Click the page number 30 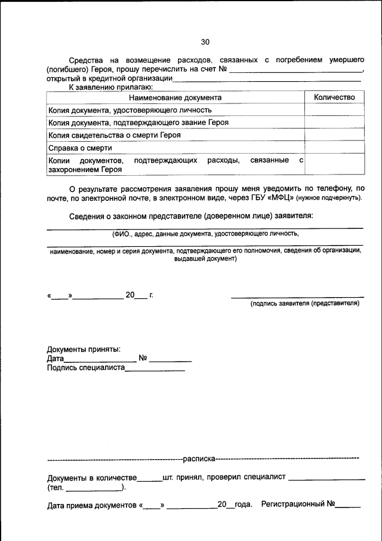pyautogui.click(x=205, y=42)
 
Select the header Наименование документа pyautogui.click(x=175, y=97)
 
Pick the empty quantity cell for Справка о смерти pyautogui.click(x=334, y=148)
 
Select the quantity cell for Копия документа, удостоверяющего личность pyautogui.click(x=334, y=110)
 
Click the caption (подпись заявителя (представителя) pyautogui.click(x=304, y=304)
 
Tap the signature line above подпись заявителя pyautogui.click(x=297, y=296)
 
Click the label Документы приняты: pyautogui.click(x=84, y=349)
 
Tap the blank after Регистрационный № pyautogui.click(x=347, y=507)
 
